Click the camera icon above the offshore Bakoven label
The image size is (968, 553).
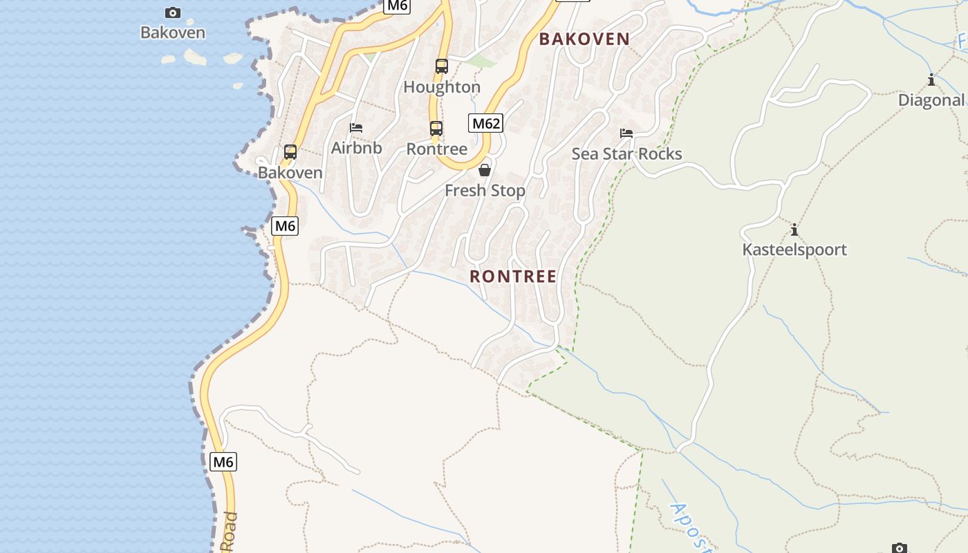tap(172, 12)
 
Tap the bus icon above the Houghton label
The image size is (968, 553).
tap(441, 66)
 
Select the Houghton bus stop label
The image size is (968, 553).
tap(441, 87)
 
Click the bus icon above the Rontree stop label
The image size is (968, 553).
tap(436, 129)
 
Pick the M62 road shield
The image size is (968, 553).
tap(485, 123)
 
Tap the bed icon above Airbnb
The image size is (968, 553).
tap(356, 127)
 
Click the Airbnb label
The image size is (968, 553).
tap(356, 147)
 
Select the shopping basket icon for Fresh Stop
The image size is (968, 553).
tap(485, 170)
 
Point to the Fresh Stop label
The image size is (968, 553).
tap(485, 190)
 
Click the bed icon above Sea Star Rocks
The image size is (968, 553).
tap(626, 133)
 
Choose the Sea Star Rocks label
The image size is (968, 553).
tap(626, 153)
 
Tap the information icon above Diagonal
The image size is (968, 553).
tap(931, 80)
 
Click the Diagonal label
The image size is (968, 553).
tap(931, 100)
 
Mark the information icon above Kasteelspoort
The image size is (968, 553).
tap(794, 229)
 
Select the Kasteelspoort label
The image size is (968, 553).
tap(794, 250)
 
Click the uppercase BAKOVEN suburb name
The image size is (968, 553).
tap(584, 39)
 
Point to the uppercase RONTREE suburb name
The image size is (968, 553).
tap(513, 276)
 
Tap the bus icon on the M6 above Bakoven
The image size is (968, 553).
tap(290, 151)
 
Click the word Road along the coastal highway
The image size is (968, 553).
tap(229, 532)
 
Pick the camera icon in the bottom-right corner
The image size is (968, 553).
tap(899, 548)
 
